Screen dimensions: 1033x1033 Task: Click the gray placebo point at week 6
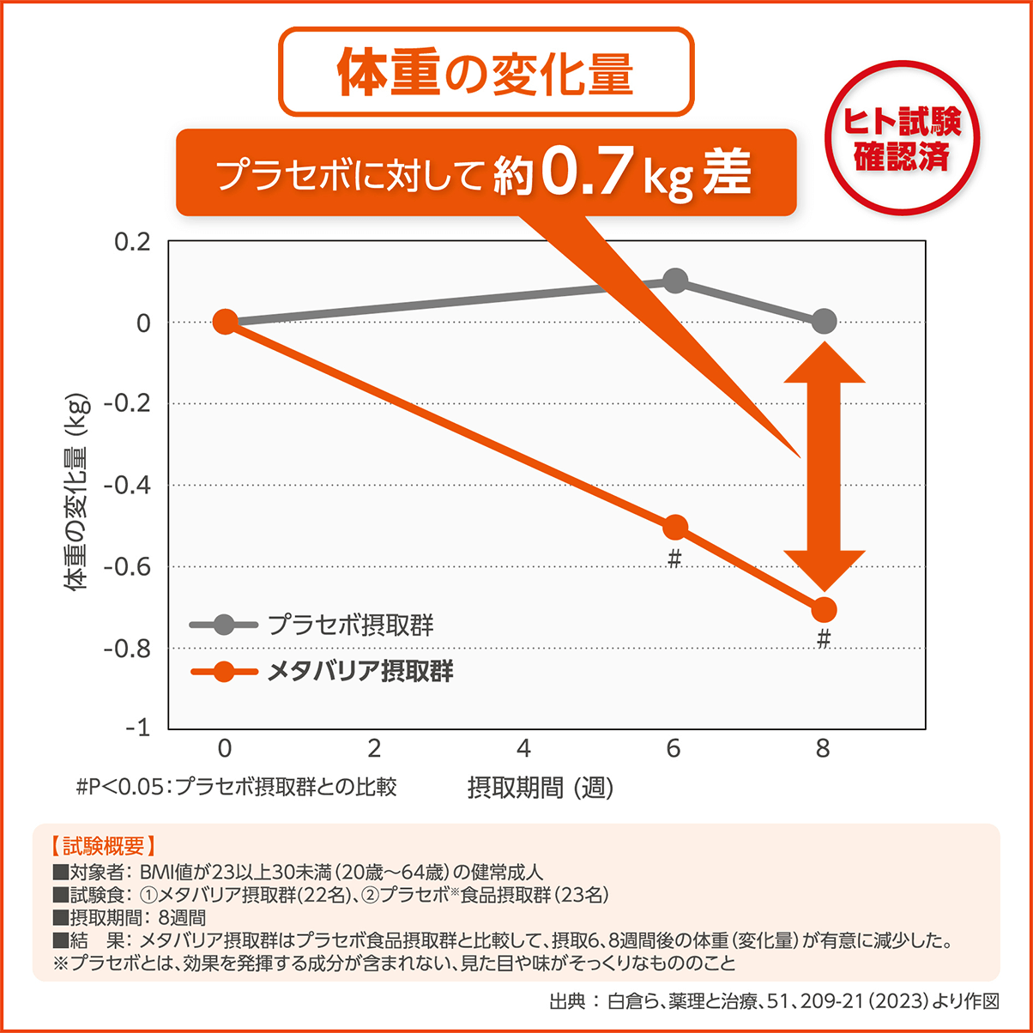tap(675, 281)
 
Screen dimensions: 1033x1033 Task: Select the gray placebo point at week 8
tap(824, 322)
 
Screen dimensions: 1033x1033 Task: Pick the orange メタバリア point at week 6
tap(675, 527)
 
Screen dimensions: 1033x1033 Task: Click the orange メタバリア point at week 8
tap(824, 609)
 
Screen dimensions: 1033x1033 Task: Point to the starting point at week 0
tap(225, 322)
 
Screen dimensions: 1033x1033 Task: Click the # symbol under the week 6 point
tap(674, 559)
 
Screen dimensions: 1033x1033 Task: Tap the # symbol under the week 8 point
tap(824, 639)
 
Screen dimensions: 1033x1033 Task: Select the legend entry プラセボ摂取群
tap(350, 625)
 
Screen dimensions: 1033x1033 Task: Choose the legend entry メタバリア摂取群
tap(360, 671)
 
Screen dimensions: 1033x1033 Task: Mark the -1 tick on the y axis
tap(138, 728)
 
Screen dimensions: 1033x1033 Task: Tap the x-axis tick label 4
tap(523, 749)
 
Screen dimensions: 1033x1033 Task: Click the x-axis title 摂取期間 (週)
tap(541, 787)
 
